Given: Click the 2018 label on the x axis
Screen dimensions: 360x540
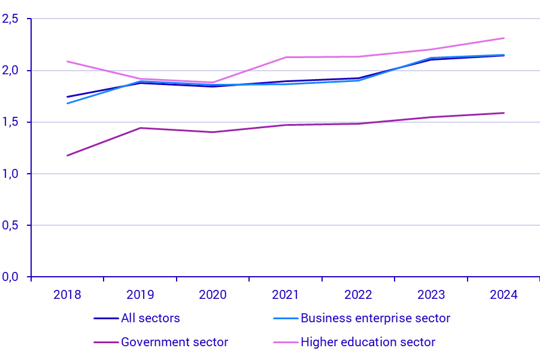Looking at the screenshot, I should pyautogui.click(x=67, y=295).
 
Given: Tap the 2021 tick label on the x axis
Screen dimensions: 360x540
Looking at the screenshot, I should pyautogui.click(x=285, y=295).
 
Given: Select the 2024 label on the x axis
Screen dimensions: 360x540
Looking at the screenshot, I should pyautogui.click(x=503, y=295).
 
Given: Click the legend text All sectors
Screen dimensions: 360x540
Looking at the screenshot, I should pyautogui.click(x=150, y=318).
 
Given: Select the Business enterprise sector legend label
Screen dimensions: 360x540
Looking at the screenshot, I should pyautogui.click(x=375, y=318).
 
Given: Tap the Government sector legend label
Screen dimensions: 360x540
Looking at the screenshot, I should pyautogui.click(x=174, y=342).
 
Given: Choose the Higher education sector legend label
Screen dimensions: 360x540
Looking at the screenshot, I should pyautogui.click(x=368, y=342).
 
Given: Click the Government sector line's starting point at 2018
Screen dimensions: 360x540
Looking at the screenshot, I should pyautogui.click(x=67, y=156).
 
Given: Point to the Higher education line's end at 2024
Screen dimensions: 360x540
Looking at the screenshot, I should pyautogui.click(x=504, y=38).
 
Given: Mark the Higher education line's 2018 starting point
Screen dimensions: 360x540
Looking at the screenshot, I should pyautogui.click(x=67, y=61).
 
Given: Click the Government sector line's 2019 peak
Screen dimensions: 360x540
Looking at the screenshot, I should pyautogui.click(x=140, y=128).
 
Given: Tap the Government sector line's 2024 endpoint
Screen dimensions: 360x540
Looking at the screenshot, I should pyautogui.click(x=504, y=113).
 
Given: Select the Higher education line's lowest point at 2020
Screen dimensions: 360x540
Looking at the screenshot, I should pyautogui.click(x=213, y=82).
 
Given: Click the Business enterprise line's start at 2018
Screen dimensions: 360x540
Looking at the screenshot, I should pyautogui.click(x=67, y=103).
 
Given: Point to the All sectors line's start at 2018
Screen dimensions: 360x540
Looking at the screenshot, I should pyautogui.click(x=67, y=96).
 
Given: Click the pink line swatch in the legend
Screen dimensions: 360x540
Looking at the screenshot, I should pyautogui.click(x=286, y=343).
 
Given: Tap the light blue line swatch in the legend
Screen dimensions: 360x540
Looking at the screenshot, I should pyautogui.click(x=286, y=319).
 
